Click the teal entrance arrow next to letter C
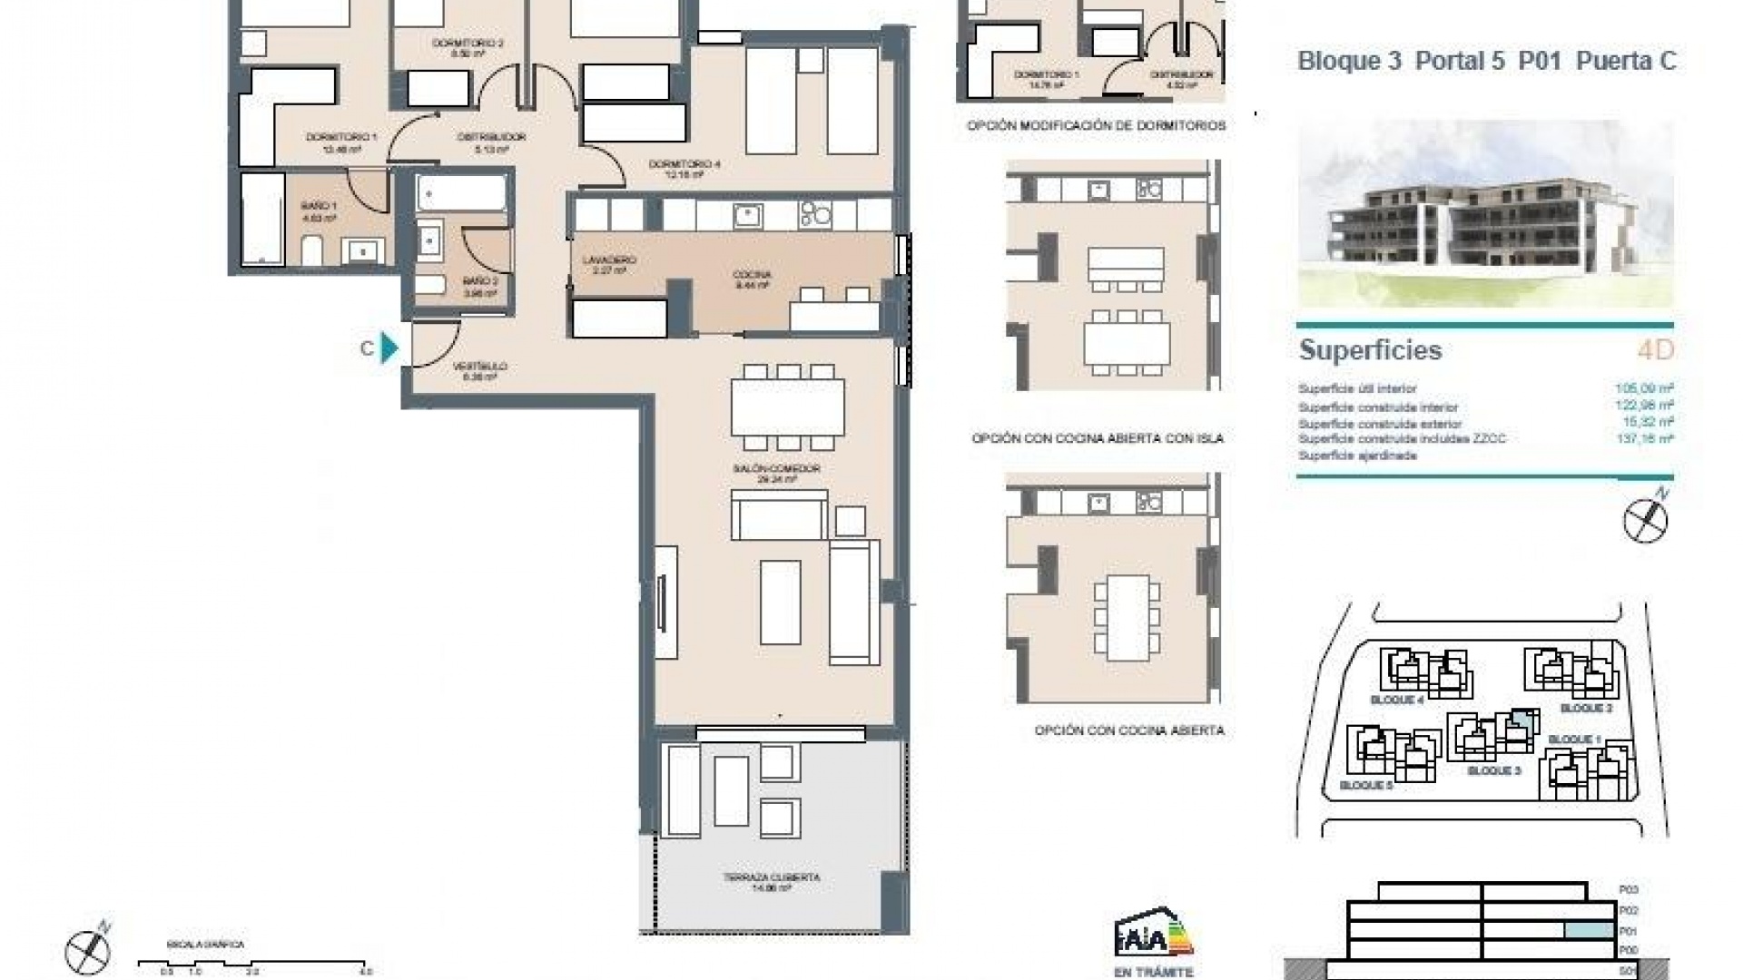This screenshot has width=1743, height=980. click(x=389, y=348)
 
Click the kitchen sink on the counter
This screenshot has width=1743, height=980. click(x=748, y=215)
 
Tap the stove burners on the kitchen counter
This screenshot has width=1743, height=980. click(x=814, y=215)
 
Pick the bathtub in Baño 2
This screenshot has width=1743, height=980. click(x=461, y=193)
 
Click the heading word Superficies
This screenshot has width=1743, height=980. click(x=1370, y=350)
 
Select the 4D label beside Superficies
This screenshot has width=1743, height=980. click(x=1655, y=350)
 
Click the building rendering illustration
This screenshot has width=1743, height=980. click(x=1485, y=214)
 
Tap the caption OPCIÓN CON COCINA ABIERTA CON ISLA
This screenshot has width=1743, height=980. click(x=1098, y=438)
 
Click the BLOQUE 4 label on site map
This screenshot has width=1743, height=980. click(x=1396, y=701)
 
